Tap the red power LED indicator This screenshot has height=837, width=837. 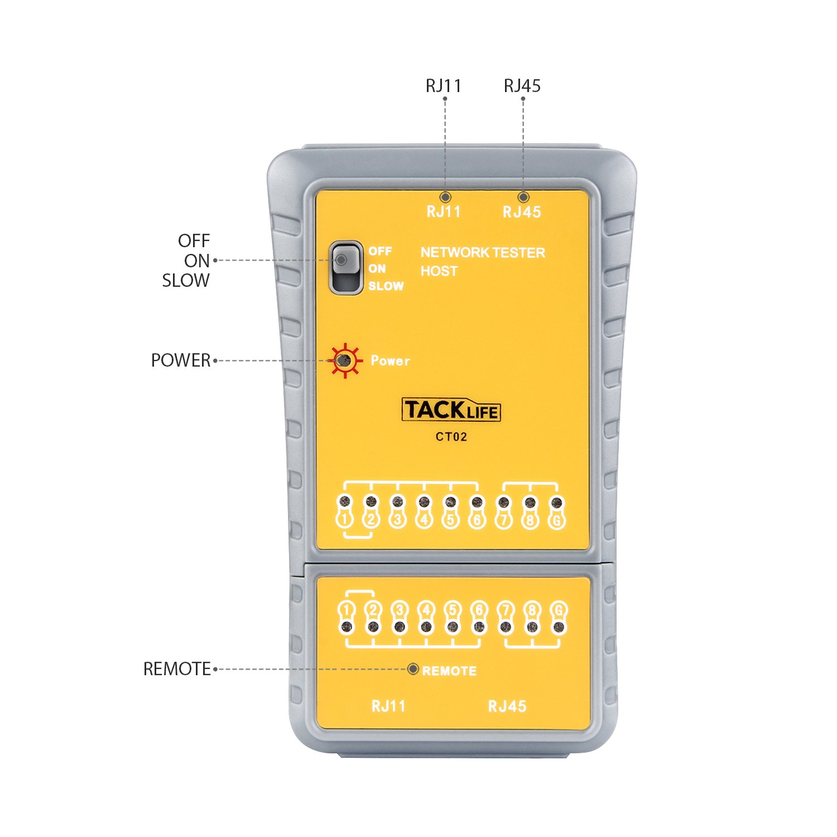(345, 360)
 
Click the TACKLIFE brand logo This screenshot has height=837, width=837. (451, 410)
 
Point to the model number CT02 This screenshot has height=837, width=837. (451, 437)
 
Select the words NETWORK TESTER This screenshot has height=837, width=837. (483, 253)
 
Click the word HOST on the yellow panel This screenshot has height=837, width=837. (439, 271)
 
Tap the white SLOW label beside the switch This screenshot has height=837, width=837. (386, 286)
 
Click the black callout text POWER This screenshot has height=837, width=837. (181, 360)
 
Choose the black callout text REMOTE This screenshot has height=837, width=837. (177, 669)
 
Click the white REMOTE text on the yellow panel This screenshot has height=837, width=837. (449, 671)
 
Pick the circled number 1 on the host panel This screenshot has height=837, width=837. (345, 519)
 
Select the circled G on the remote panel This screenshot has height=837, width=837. (559, 610)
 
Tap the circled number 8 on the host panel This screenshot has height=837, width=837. (530, 520)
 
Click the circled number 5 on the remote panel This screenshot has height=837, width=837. (453, 610)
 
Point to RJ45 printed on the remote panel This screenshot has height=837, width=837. (507, 706)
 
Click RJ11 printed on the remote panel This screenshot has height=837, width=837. (388, 706)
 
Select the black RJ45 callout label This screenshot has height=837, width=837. (522, 86)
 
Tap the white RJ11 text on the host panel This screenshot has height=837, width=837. (444, 212)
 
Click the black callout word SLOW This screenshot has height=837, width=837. (186, 281)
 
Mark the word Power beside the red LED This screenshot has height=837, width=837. (391, 361)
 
